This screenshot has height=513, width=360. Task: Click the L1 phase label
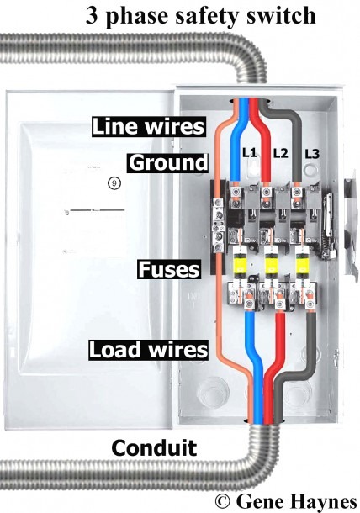[249, 152]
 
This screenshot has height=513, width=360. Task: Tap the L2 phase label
[280, 153]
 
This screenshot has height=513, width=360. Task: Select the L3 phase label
[312, 154]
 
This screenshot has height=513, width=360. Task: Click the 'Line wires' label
[148, 126]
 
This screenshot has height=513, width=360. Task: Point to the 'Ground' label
[168, 162]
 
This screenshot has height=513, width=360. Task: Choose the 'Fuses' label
[168, 269]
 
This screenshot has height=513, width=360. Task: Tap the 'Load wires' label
[148, 349]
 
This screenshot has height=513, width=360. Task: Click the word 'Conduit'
[154, 447]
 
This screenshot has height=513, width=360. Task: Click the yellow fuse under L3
[302, 264]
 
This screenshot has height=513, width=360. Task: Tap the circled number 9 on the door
[114, 182]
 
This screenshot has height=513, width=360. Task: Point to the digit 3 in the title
[92, 16]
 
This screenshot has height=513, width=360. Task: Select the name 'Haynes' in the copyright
[323, 501]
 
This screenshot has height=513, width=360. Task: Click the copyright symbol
[223, 501]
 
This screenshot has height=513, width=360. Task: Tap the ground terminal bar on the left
[218, 225]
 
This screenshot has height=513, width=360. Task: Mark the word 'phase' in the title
[138, 17]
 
